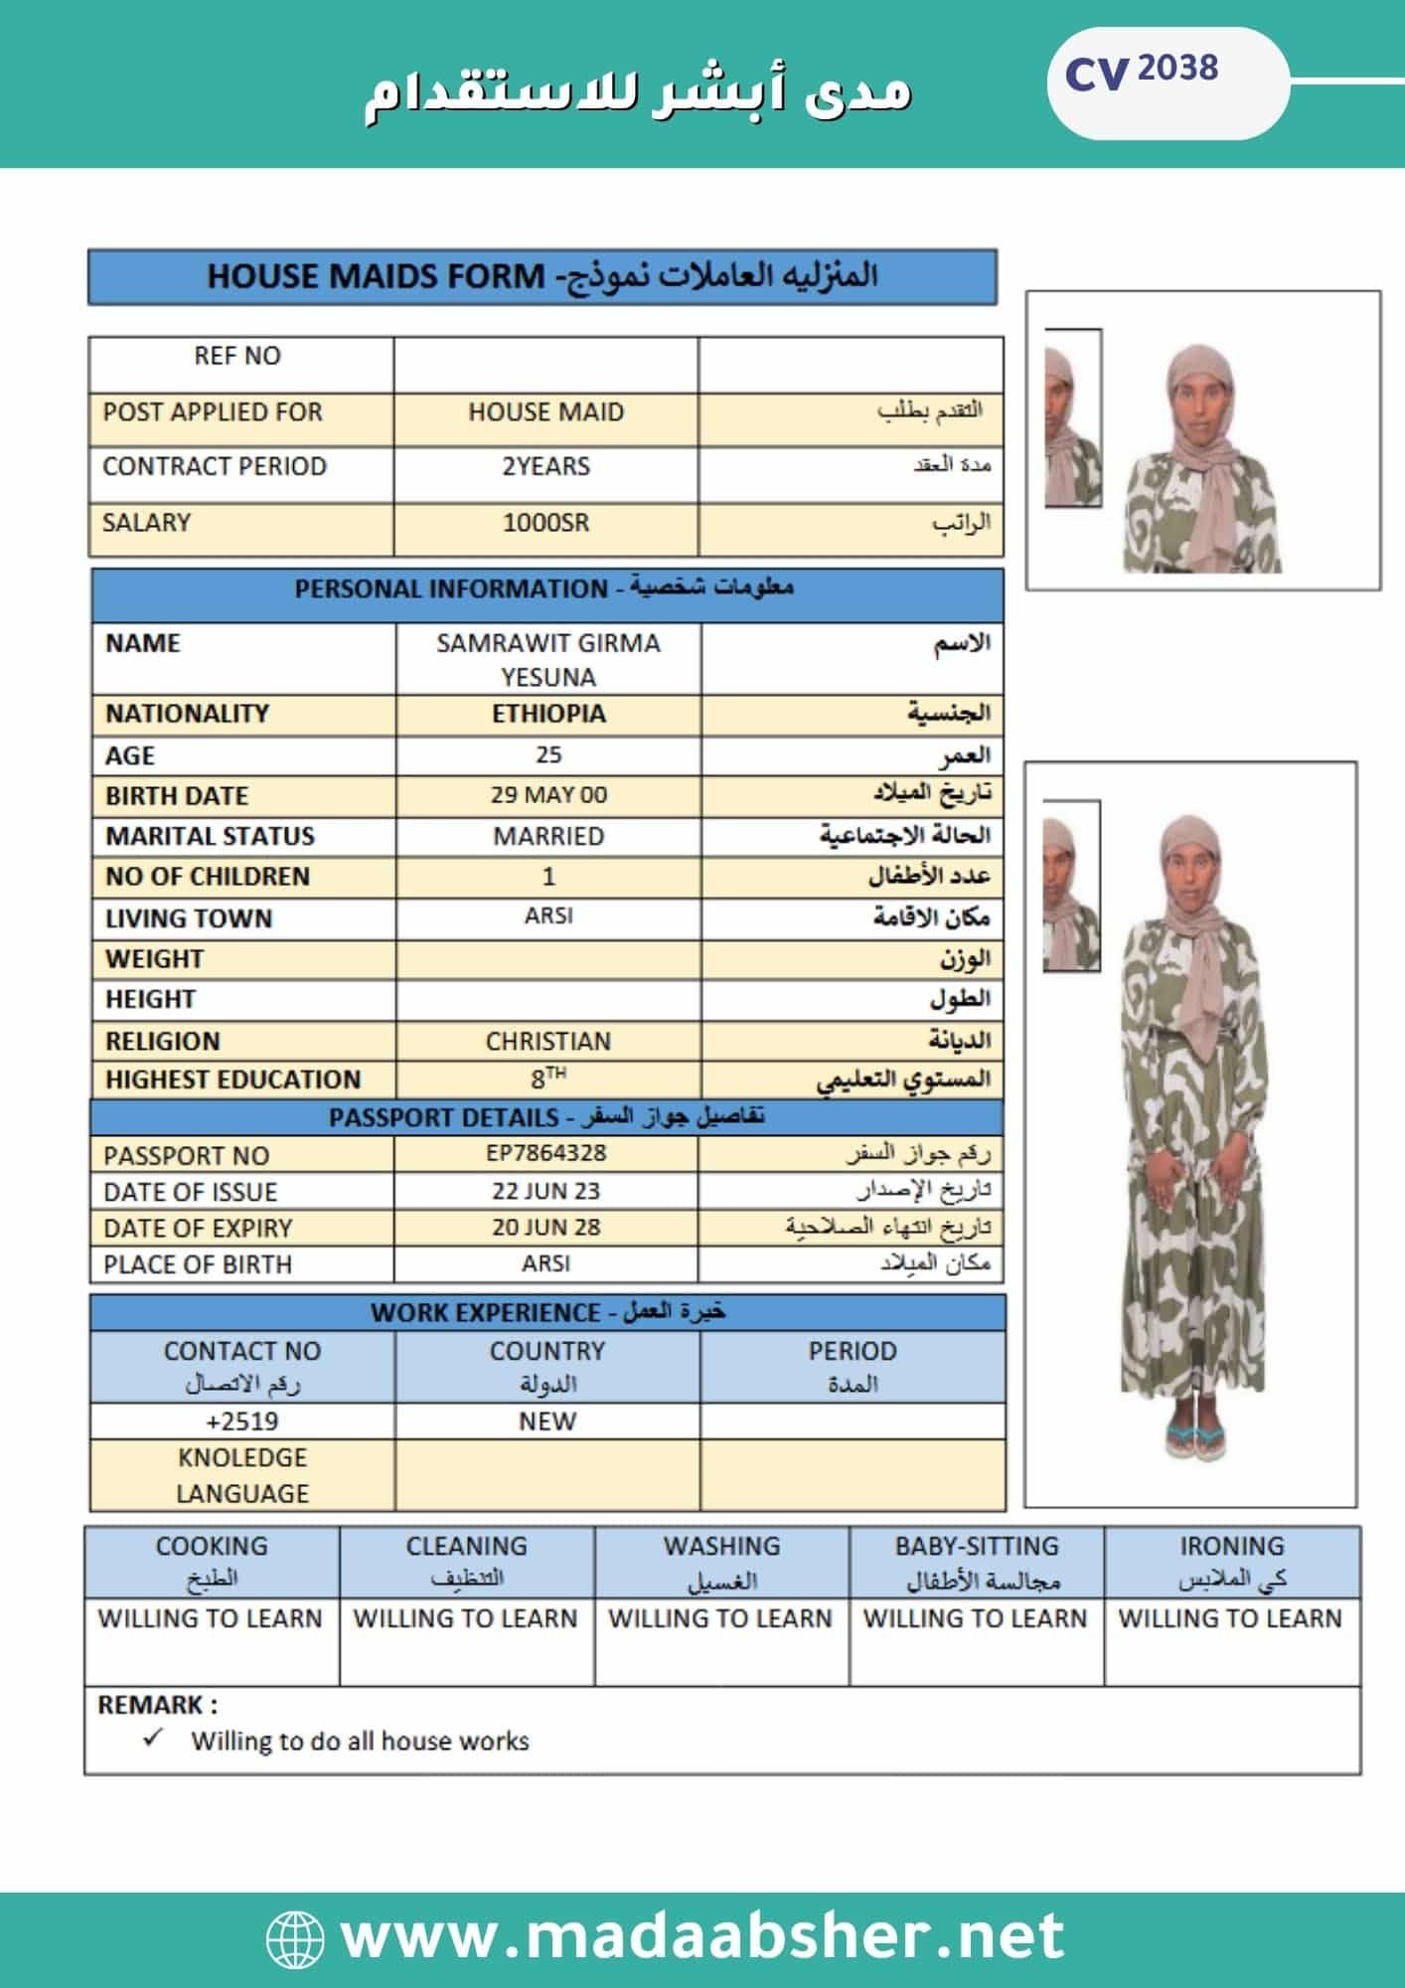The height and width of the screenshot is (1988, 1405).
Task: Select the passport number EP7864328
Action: (x=546, y=1153)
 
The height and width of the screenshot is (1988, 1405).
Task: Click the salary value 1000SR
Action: (x=546, y=523)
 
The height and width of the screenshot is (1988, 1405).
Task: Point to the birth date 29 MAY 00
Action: (x=548, y=795)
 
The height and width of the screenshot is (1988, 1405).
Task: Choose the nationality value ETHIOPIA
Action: (x=548, y=714)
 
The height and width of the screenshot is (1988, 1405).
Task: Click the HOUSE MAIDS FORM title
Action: (x=543, y=276)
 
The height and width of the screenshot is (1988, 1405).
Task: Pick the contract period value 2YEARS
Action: (x=546, y=467)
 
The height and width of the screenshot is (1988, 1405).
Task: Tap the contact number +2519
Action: (x=242, y=1421)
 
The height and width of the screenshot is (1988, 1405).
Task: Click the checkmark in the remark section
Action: (x=152, y=1739)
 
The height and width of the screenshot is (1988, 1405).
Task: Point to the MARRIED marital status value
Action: (x=548, y=836)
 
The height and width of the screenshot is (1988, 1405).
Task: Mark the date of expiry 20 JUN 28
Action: (x=546, y=1228)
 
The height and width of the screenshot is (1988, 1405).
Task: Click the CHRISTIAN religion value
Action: (x=548, y=1041)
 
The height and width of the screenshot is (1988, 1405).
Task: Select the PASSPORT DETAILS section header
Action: (x=546, y=1117)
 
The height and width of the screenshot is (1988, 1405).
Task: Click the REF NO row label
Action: (x=237, y=356)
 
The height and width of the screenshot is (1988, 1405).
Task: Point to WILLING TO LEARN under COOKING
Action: (x=211, y=1619)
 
